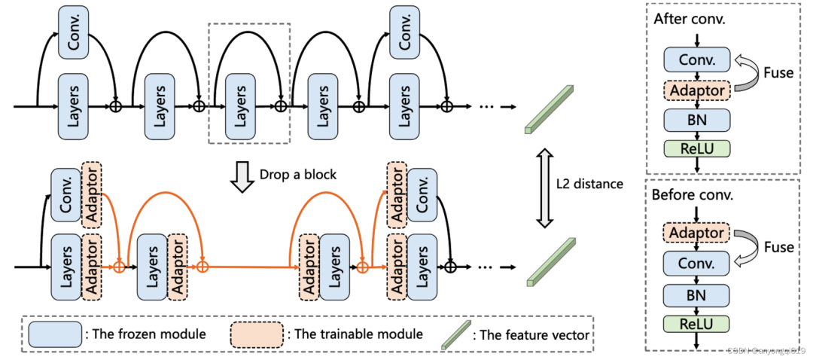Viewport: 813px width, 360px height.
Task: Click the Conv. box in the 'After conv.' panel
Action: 696,59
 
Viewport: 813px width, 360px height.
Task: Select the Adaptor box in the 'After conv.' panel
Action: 696,90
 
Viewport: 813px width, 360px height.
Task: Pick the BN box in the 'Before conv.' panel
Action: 696,294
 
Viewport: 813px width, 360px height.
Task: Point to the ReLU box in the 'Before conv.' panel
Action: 696,325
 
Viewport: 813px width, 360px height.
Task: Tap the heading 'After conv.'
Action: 690,19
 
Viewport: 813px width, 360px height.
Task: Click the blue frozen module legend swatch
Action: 55,334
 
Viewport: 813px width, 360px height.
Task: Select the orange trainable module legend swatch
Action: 257,334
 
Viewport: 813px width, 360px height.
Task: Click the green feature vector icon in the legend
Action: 455,333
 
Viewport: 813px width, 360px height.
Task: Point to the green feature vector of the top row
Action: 548,108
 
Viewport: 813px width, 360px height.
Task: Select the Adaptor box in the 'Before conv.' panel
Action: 696,233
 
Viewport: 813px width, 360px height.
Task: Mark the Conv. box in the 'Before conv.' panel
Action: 696,264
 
